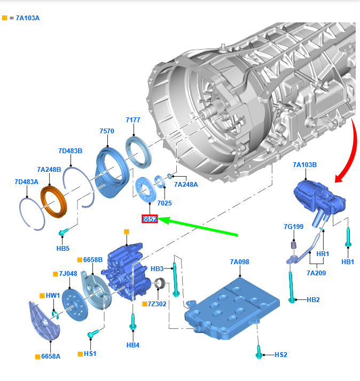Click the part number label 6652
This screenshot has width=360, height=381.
[150, 219]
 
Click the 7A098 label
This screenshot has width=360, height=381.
[240, 262]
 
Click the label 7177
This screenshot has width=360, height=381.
[132, 120]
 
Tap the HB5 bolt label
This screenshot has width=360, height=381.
[62, 248]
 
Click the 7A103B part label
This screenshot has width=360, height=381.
[305, 165]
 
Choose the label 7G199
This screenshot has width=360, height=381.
[293, 227]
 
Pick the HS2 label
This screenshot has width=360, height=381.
[281, 354]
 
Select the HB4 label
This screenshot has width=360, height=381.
[133, 345]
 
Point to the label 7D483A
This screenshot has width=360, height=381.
[26, 182]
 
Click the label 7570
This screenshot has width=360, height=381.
[106, 131]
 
